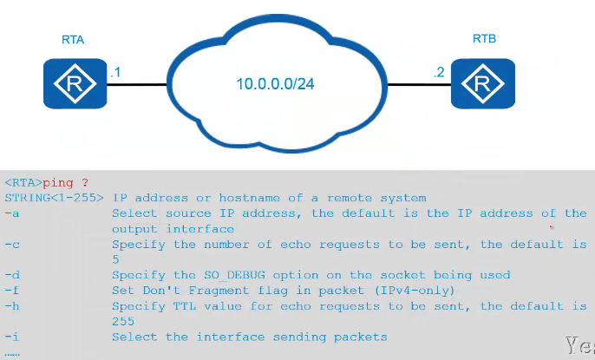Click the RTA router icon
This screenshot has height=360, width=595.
73,84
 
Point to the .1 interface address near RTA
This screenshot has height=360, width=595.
114,72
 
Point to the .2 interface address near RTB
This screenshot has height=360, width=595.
438,72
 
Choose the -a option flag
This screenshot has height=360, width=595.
10,213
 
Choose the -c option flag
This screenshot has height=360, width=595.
10,245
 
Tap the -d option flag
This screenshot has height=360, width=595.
10,275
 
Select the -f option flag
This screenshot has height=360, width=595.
10,291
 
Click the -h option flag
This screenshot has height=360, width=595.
10,306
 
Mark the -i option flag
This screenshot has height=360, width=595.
10,337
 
